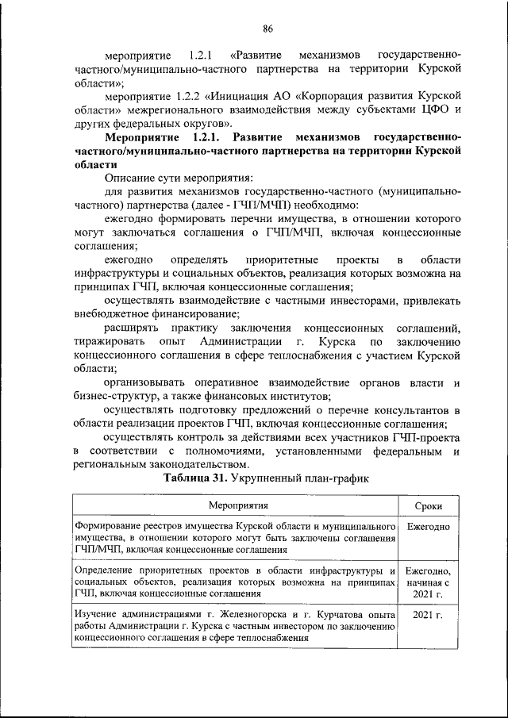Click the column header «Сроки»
tap(429, 506)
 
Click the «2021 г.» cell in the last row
tap(429, 615)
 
